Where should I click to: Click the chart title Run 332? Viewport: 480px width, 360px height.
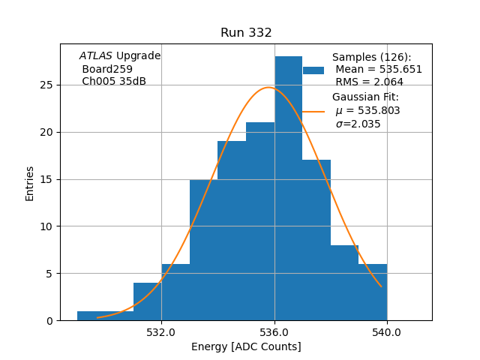coord(246,33)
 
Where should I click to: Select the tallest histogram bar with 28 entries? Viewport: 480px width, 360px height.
coord(288,188)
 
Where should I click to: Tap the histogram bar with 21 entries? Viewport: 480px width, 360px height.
coord(260,221)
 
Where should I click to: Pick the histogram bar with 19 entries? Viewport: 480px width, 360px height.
coord(232,231)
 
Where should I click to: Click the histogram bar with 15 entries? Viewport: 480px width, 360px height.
coord(203,250)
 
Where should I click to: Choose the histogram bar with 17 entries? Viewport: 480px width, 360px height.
coord(316,240)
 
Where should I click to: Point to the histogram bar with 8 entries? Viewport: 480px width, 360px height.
coord(344,283)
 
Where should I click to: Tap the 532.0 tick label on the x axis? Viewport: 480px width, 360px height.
coord(161,332)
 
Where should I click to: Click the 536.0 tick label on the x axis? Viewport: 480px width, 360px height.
coord(274,332)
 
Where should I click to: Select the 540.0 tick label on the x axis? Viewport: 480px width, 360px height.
coord(387,332)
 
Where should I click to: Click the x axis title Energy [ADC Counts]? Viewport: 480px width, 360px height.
coord(246,346)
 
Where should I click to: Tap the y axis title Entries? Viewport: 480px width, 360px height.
coord(30,183)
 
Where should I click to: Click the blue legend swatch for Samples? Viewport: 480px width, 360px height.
coord(313,70)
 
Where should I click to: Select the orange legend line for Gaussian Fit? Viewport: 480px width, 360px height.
coord(313,111)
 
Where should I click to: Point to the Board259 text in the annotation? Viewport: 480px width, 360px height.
coord(107,69)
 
